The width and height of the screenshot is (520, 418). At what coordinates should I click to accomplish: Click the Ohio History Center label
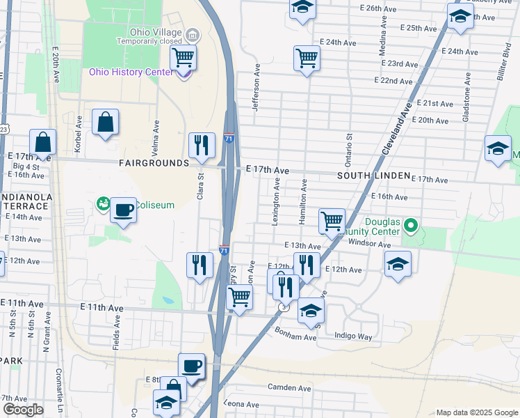pyautogui.click(x=131, y=72)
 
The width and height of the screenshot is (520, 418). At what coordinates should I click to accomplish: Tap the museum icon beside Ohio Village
pyautogui.click(x=193, y=34)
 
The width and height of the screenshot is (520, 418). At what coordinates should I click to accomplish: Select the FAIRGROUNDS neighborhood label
pyautogui.click(x=154, y=163)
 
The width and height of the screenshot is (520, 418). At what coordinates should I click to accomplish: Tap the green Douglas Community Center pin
pyautogui.click(x=410, y=226)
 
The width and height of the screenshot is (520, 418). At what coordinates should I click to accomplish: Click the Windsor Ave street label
pyautogui.click(x=370, y=245)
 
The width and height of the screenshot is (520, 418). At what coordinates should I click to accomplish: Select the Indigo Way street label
pyautogui.click(x=353, y=336)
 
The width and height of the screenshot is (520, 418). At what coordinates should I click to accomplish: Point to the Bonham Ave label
pyautogui.click(x=295, y=334)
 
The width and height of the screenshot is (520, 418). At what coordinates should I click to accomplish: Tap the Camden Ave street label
pyautogui.click(x=289, y=387)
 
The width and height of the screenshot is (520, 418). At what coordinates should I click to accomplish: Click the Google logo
pyautogui.click(x=23, y=410)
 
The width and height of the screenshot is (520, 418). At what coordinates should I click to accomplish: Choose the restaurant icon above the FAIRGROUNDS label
pyautogui.click(x=202, y=145)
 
